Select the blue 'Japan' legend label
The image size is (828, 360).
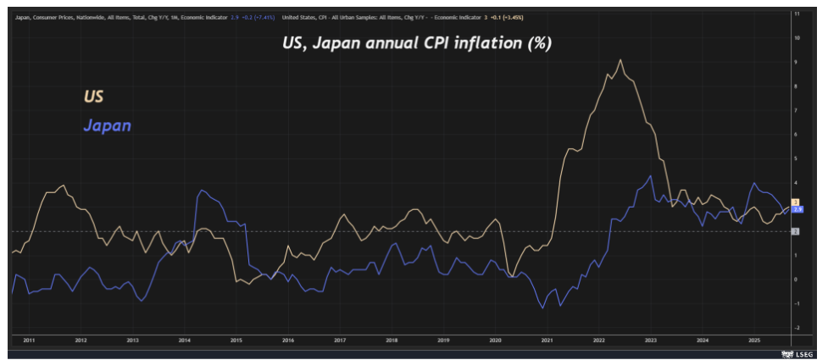(x=107, y=126)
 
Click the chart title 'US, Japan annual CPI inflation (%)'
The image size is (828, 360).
(x=417, y=43)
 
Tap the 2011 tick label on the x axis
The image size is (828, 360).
(x=29, y=340)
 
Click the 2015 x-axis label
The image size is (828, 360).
(x=236, y=340)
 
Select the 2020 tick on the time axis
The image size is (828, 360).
(x=495, y=340)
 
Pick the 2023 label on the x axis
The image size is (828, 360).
(x=650, y=340)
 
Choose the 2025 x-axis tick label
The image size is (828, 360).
(x=753, y=340)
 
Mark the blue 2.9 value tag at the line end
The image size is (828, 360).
(x=797, y=208)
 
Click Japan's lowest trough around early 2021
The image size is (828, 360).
(x=543, y=307)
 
